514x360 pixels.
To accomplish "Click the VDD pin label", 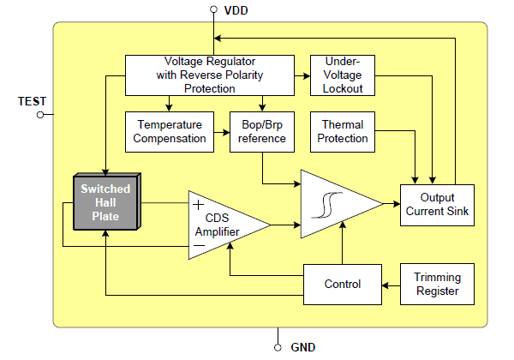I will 238,11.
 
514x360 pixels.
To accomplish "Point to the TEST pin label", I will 33,101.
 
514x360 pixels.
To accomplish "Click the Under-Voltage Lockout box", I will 342,75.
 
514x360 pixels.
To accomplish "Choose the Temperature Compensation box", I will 172,131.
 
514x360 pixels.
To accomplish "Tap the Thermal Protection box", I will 343,131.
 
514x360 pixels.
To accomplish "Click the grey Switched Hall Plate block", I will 105,203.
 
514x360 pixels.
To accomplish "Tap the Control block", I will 342,284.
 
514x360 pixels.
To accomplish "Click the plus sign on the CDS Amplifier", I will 199,205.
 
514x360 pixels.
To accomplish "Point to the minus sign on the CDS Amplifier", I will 199,245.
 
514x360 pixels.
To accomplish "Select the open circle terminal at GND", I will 278,347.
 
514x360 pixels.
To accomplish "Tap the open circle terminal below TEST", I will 39,116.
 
